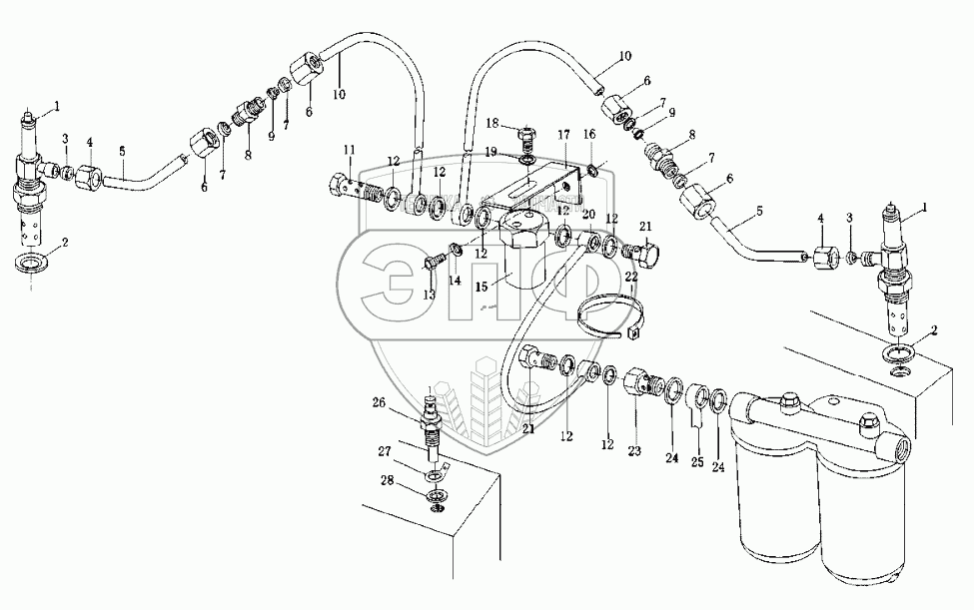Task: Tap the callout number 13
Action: click(430, 295)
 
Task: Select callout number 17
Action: click(563, 134)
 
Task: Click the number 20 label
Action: click(588, 214)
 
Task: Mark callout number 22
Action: click(630, 276)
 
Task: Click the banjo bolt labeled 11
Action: click(345, 186)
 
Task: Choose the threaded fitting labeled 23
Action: click(642, 383)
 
